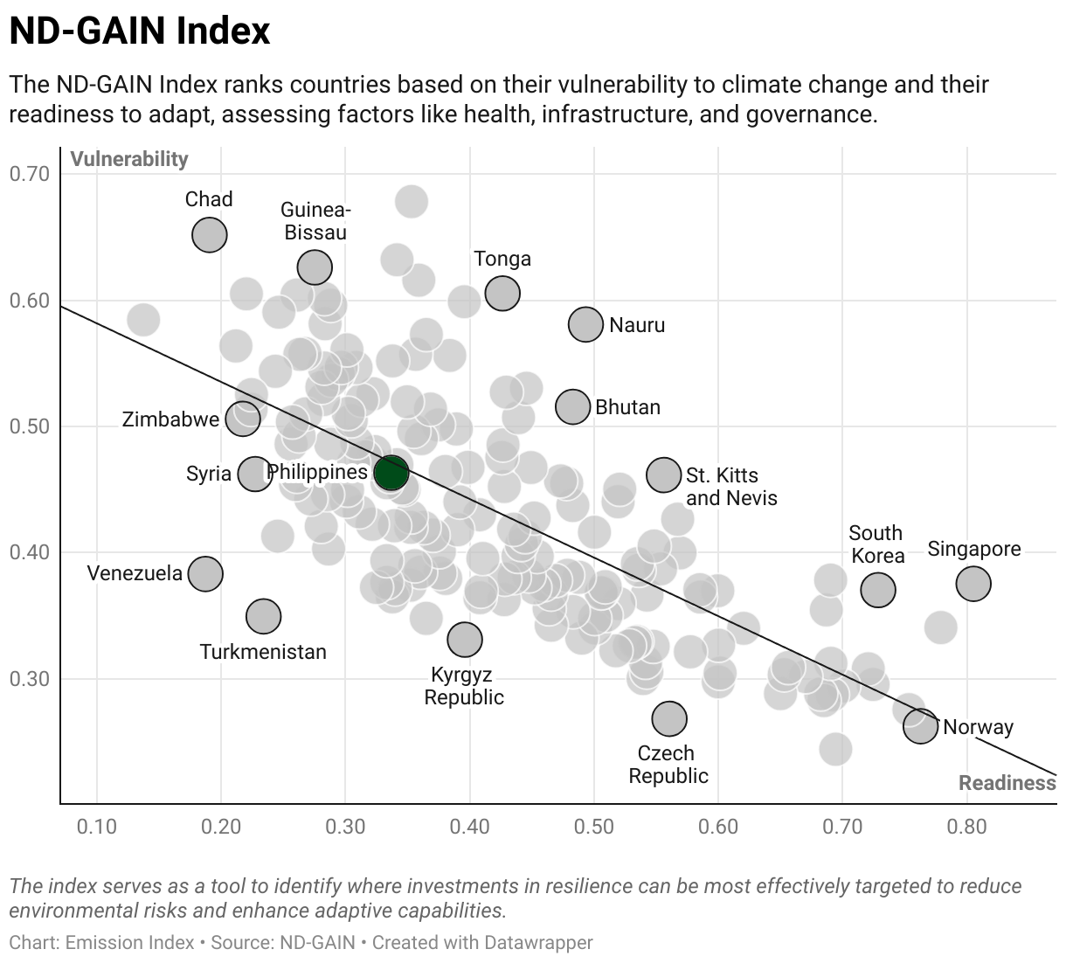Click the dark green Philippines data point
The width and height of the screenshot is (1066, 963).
tap(391, 472)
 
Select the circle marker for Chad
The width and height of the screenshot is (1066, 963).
tap(210, 234)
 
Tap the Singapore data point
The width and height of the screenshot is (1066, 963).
tap(973, 583)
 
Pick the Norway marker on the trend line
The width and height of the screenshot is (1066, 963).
tap(920, 725)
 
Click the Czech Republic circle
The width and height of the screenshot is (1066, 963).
tap(669, 718)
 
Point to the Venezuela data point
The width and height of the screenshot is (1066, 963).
tap(205, 573)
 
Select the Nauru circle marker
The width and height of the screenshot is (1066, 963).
tap(585, 324)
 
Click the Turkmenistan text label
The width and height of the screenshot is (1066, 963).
tap(263, 652)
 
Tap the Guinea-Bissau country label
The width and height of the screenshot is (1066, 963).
tap(315, 221)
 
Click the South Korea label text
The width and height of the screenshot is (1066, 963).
tap(876, 544)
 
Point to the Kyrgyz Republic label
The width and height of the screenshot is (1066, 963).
tap(464, 686)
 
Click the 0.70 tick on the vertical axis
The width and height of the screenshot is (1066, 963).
tap(30, 174)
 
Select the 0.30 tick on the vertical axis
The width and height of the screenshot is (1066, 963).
tap(30, 679)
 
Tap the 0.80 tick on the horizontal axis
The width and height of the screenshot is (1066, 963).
tap(966, 827)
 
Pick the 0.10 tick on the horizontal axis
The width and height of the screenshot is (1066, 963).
tap(96, 827)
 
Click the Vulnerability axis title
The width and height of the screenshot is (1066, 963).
tap(129, 159)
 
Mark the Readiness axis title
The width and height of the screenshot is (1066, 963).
tap(1007, 783)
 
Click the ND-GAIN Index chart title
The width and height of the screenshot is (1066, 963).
tap(140, 32)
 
